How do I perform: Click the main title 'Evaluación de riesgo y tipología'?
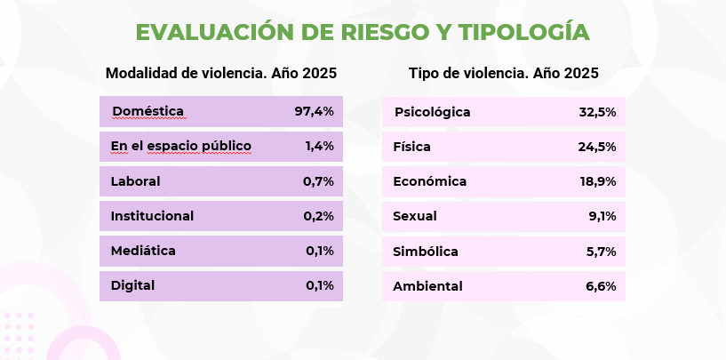pyautogui.click(x=363, y=33)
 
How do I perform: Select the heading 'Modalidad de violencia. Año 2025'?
pyautogui.click(x=220, y=74)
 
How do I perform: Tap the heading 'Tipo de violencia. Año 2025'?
pyautogui.click(x=503, y=74)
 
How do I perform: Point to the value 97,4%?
pyautogui.click(x=314, y=111)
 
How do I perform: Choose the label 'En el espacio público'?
pyautogui.click(x=180, y=146)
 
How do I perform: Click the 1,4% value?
pyautogui.click(x=319, y=146)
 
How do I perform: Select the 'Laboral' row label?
pyautogui.click(x=135, y=181)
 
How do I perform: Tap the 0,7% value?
pyautogui.click(x=318, y=181)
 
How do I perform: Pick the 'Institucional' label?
pyautogui.click(x=152, y=216)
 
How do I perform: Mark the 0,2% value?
pyautogui.click(x=318, y=216)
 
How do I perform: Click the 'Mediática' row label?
pyautogui.click(x=143, y=251)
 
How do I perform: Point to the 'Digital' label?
pyautogui.click(x=132, y=285)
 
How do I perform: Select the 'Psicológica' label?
pyautogui.click(x=432, y=112)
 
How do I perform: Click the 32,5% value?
pyautogui.click(x=597, y=112)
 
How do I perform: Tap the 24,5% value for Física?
pyautogui.click(x=597, y=147)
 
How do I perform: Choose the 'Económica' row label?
pyautogui.click(x=429, y=181)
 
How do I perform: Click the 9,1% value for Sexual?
pyautogui.click(x=602, y=216)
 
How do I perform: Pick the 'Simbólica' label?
pyautogui.click(x=426, y=252)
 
